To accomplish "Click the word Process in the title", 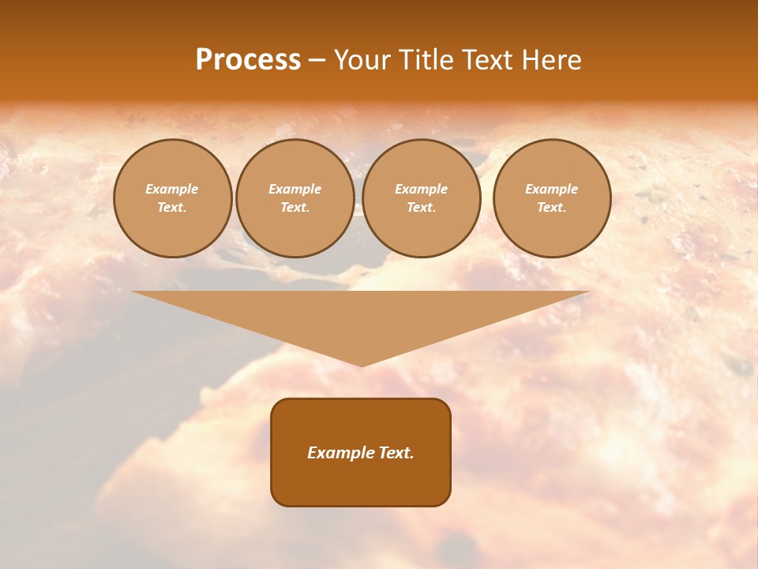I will pos(248,60).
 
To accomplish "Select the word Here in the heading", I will pos(553,60).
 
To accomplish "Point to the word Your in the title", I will pos(360,60).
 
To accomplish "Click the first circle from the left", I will pos(173,198).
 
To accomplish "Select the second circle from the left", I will pos(295,198).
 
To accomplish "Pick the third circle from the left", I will pos(422,198).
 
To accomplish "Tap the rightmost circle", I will pos(552,198).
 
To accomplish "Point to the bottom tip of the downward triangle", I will pos(362,364).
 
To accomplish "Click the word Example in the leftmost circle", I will pos(172,190).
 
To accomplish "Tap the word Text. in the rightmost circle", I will pos(552,208).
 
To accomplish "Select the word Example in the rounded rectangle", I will pos(338,453).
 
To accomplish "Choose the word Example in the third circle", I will pos(422,190).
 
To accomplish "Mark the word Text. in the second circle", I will pos(295,208).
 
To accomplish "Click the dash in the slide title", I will pos(317,61).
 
